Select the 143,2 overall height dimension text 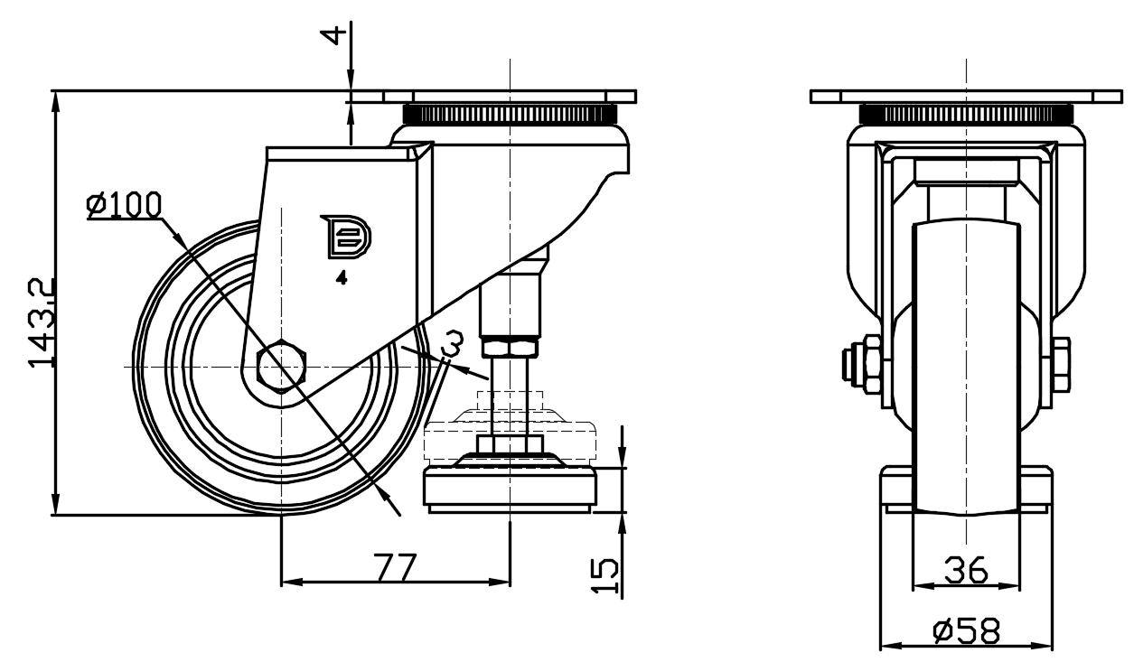pyautogui.click(x=42, y=322)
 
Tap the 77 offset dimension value pyautogui.click(x=395, y=567)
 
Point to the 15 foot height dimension pyautogui.click(x=607, y=574)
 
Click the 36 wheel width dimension pyautogui.click(x=966, y=571)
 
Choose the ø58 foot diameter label pyautogui.click(x=966, y=631)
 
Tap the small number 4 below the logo pyautogui.click(x=342, y=279)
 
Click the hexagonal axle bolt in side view pyautogui.click(x=282, y=367)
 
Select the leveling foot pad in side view pyautogui.click(x=511, y=489)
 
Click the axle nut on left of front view pyautogui.click(x=854, y=365)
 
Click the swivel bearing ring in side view pyautogui.click(x=511, y=115)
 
